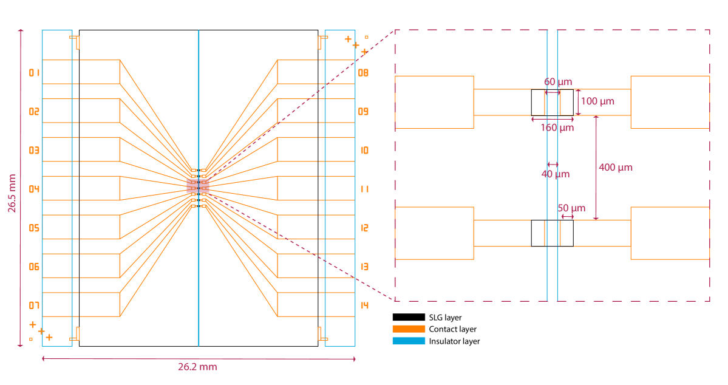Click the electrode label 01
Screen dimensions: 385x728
(x=35, y=73)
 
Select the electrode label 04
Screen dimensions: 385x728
(x=35, y=189)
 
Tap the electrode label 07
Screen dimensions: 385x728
(x=35, y=305)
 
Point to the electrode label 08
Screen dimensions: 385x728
(x=363, y=73)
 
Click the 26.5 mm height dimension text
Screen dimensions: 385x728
(x=12, y=193)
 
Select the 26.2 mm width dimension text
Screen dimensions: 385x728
(x=197, y=367)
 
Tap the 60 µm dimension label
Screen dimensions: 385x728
(x=557, y=82)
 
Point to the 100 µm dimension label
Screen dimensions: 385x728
(x=597, y=101)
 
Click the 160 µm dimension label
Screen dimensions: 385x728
(x=557, y=128)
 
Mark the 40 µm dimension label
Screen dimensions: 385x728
(x=555, y=174)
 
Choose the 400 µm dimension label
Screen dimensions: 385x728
(x=615, y=168)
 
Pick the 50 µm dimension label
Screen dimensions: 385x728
(x=571, y=208)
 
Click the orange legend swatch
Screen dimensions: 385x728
(x=409, y=329)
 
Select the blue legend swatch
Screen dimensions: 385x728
(x=409, y=341)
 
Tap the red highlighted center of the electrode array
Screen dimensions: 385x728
(x=198, y=186)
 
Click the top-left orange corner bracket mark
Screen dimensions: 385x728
(x=75, y=41)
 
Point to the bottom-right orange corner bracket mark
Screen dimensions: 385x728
(x=322, y=335)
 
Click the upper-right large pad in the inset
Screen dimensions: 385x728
(x=670, y=102)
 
